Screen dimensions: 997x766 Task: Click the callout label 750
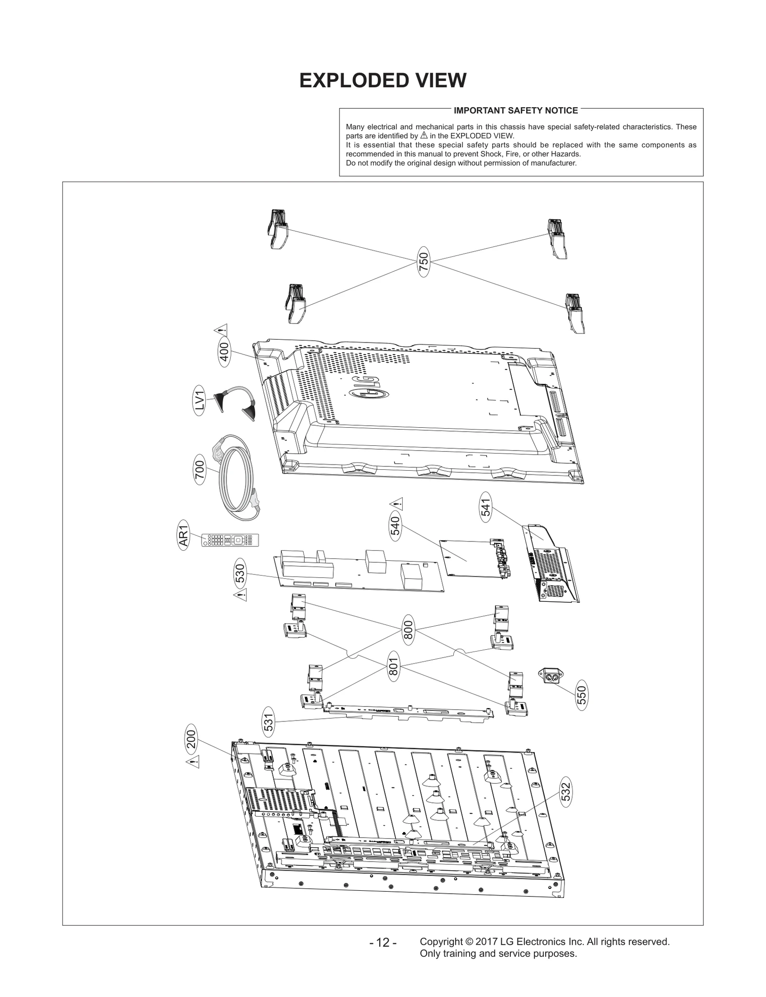pyautogui.click(x=424, y=261)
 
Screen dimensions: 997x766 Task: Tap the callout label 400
pyautogui.click(x=224, y=352)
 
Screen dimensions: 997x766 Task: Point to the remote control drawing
pyautogui.click(x=231, y=540)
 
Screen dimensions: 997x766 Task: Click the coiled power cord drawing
pyautogui.click(x=237, y=478)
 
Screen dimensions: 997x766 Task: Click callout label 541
pyautogui.click(x=486, y=508)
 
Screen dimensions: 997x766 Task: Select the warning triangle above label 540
pyautogui.click(x=396, y=503)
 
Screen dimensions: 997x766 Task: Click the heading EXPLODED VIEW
pyautogui.click(x=383, y=80)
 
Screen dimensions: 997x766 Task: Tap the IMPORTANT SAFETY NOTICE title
pyautogui.click(x=516, y=111)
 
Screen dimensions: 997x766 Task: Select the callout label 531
pyautogui.click(x=269, y=723)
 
